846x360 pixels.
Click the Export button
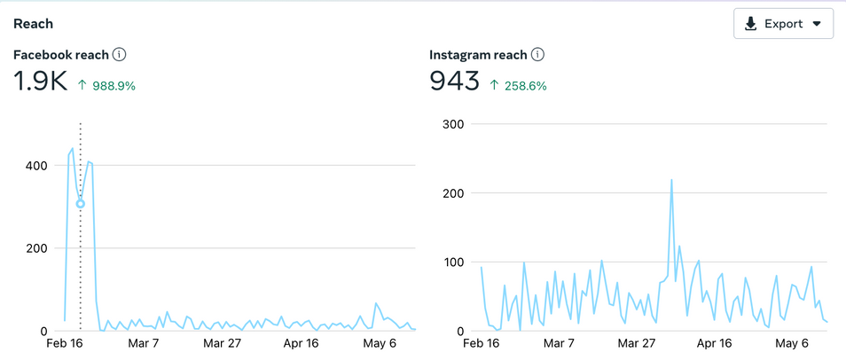pyautogui.click(x=783, y=24)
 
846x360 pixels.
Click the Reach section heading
pyautogui.click(x=33, y=24)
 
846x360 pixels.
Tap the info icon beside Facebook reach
pyautogui.click(x=120, y=55)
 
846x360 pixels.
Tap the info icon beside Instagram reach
pyautogui.click(x=537, y=55)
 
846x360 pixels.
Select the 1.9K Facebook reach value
pyautogui.click(x=41, y=82)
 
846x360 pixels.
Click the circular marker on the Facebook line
pyautogui.click(x=81, y=204)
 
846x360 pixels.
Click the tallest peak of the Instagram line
pyautogui.click(x=671, y=181)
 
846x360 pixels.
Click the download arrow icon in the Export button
pyautogui.click(x=750, y=24)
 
